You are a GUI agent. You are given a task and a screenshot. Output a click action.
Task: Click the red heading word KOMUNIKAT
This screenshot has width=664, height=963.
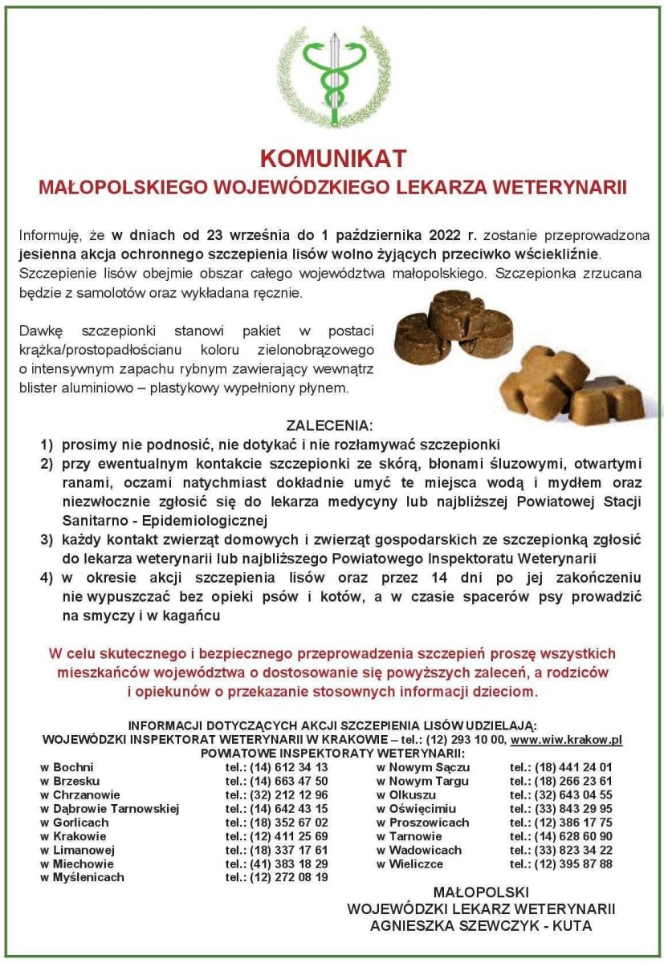332,158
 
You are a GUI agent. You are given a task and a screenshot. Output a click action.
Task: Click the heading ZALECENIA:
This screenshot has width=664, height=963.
330,425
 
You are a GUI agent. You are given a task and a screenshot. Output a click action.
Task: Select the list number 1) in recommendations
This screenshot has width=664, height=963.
47,444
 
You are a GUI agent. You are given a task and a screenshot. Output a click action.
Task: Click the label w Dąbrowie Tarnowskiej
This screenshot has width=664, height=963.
109,808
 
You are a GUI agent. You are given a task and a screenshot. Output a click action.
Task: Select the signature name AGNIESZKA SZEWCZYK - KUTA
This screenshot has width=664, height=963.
481,925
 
